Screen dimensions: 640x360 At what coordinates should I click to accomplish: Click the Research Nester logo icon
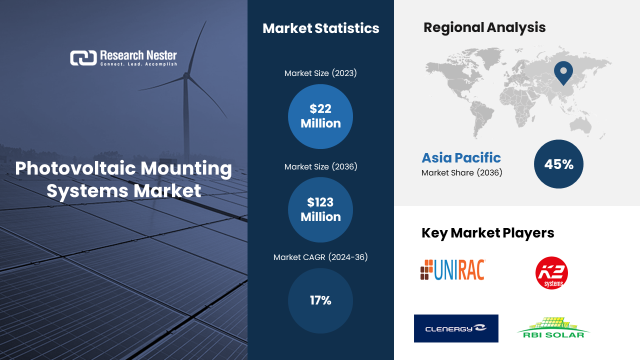(x=83, y=58)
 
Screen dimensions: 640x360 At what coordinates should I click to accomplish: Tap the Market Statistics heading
(x=321, y=28)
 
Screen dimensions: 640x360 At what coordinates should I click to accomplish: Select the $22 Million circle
(x=320, y=116)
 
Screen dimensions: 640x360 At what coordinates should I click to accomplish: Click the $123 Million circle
(x=320, y=209)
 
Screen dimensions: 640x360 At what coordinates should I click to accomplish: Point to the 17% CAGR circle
(x=320, y=300)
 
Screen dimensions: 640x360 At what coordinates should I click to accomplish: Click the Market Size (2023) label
(x=320, y=73)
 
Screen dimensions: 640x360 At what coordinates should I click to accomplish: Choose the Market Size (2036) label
(x=320, y=166)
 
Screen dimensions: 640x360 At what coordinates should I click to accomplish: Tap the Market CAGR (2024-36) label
(x=320, y=257)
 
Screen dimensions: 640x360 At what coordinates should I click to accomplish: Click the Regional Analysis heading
(x=484, y=27)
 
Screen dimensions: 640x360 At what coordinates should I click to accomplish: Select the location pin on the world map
(x=563, y=73)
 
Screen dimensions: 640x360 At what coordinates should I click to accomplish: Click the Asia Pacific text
(x=461, y=157)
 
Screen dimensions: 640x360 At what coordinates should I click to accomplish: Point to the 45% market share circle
(x=559, y=164)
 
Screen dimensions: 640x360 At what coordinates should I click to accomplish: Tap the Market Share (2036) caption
(x=461, y=172)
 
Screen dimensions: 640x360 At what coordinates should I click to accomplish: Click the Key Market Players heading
(x=487, y=233)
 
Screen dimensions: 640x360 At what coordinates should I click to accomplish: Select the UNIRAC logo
(x=453, y=269)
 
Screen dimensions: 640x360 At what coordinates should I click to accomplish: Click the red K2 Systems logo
(x=551, y=273)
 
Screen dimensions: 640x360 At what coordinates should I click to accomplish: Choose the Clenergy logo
(x=456, y=328)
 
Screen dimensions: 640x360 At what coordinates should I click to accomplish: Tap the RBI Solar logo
(x=553, y=327)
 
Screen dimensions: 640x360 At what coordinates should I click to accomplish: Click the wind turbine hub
(x=186, y=75)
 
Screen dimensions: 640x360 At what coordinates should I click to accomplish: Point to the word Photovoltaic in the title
(x=75, y=168)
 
